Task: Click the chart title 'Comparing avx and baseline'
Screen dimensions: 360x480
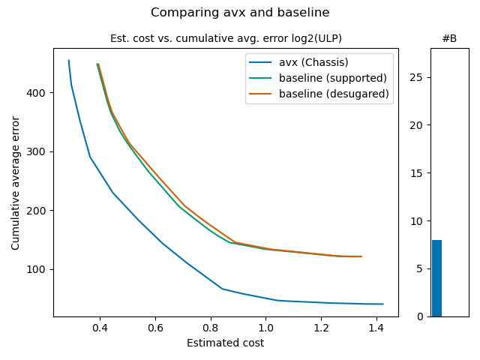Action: click(240, 13)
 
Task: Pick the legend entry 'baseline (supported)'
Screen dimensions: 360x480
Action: click(333, 78)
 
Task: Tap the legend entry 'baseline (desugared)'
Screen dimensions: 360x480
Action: click(334, 94)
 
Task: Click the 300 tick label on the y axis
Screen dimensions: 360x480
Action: click(39, 151)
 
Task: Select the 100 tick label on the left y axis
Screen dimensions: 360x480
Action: click(39, 269)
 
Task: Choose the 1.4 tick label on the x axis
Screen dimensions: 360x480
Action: click(376, 328)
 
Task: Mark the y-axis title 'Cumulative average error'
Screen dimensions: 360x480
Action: click(16, 182)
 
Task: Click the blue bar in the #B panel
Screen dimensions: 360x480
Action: click(436, 278)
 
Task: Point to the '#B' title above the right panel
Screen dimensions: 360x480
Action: click(449, 38)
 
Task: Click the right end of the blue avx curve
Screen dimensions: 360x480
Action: click(383, 304)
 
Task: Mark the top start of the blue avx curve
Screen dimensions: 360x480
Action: click(69, 61)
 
